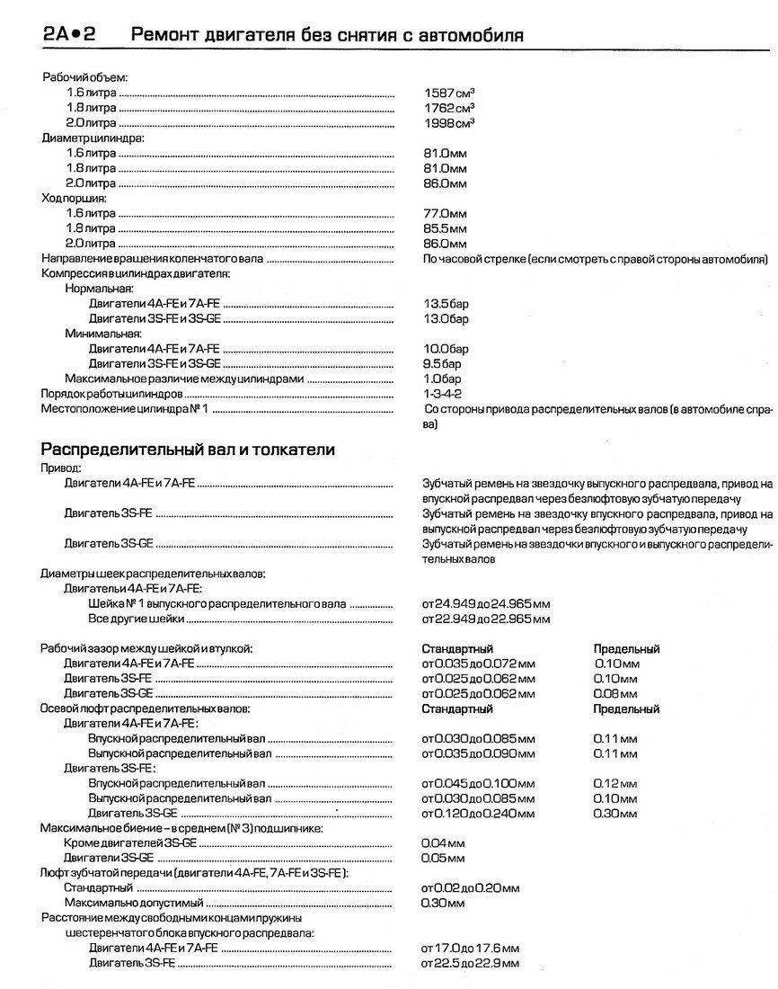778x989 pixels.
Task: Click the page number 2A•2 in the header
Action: [x=68, y=35]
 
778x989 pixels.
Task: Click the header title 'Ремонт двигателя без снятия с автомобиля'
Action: [x=328, y=35]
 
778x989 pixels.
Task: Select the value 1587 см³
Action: [x=449, y=92]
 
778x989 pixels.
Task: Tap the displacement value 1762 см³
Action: [x=449, y=107]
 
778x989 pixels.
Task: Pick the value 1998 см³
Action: [x=449, y=122]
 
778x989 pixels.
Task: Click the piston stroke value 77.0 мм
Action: [x=446, y=213]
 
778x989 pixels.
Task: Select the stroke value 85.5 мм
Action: [x=446, y=228]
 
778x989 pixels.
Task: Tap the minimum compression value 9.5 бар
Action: [x=443, y=364]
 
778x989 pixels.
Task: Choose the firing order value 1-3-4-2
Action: [x=441, y=394]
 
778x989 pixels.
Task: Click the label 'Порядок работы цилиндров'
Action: [x=112, y=395]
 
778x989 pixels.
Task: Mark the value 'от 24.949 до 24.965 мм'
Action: [x=486, y=604]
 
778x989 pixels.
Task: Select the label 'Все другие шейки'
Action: [x=137, y=619]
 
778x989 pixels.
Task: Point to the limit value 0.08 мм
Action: [x=616, y=694]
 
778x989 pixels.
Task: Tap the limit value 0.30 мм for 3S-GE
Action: [x=616, y=814]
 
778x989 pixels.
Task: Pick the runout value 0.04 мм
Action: [x=443, y=843]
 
